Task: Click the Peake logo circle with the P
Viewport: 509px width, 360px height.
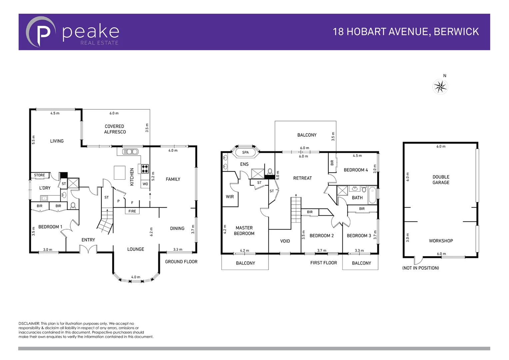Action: (41, 32)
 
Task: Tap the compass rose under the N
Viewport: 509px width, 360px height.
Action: (440, 87)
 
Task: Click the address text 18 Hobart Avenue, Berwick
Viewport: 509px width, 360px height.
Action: (406, 32)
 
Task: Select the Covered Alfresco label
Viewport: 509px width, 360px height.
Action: (115, 129)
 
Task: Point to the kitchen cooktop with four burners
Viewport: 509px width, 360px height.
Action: (145, 169)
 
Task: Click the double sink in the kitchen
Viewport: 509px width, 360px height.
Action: (130, 152)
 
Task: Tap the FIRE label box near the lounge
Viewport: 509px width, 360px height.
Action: (132, 211)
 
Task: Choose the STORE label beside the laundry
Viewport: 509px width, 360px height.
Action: (39, 175)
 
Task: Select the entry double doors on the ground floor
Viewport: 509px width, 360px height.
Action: (88, 249)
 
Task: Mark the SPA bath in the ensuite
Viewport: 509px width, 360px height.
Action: (246, 153)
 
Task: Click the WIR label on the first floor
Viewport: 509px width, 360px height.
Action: (230, 197)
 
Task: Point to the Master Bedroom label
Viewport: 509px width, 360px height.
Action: (244, 231)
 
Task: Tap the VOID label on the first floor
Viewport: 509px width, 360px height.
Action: (285, 241)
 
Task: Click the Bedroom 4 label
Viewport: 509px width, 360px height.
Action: (356, 170)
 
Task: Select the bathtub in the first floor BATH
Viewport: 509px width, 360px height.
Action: (372, 195)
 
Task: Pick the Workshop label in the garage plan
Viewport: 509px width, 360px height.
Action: (441, 241)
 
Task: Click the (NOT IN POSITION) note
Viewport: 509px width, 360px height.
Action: (420, 268)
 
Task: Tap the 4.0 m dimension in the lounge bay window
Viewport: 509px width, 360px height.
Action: (136, 277)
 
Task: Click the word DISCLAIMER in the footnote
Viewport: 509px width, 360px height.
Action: (29, 323)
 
